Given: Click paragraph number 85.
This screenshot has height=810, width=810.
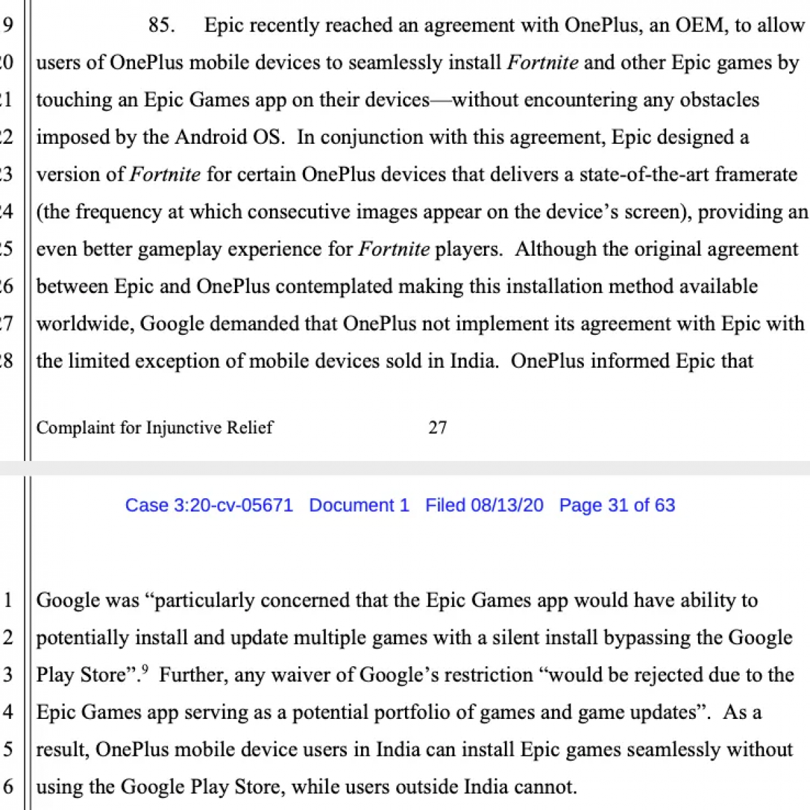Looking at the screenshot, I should [161, 26].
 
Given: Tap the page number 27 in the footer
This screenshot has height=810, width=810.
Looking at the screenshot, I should [437, 427].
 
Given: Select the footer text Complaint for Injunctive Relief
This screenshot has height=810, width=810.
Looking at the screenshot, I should [155, 427].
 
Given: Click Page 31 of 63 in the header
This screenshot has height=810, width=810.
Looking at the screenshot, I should [617, 506].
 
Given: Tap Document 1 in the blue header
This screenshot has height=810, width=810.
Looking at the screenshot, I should [359, 506].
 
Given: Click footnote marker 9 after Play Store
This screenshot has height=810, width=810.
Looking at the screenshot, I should [144, 670].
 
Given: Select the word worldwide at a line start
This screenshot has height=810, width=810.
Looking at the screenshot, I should [85, 324].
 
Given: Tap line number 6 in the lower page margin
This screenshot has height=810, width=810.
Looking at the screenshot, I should [8, 787].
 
